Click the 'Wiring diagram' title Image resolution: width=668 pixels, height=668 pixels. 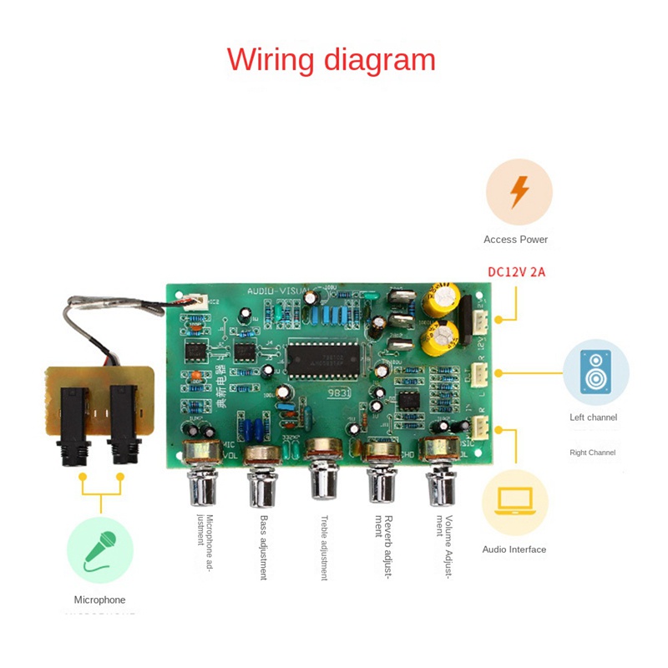coord(331,60)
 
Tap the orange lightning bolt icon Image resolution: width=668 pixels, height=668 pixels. coord(519,192)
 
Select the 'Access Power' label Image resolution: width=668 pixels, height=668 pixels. coord(515,240)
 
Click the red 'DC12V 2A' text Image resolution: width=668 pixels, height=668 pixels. coord(516,272)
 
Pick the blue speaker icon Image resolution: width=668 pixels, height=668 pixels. coord(595,372)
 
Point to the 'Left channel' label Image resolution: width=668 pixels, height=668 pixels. coord(592,417)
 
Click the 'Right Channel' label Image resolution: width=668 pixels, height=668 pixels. coord(592,453)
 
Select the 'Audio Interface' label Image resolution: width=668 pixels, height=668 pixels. coord(514,549)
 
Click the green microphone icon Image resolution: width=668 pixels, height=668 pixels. coord(100,549)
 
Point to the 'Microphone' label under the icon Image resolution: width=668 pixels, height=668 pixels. coord(99,600)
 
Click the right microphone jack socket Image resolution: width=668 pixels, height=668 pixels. coord(123,426)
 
